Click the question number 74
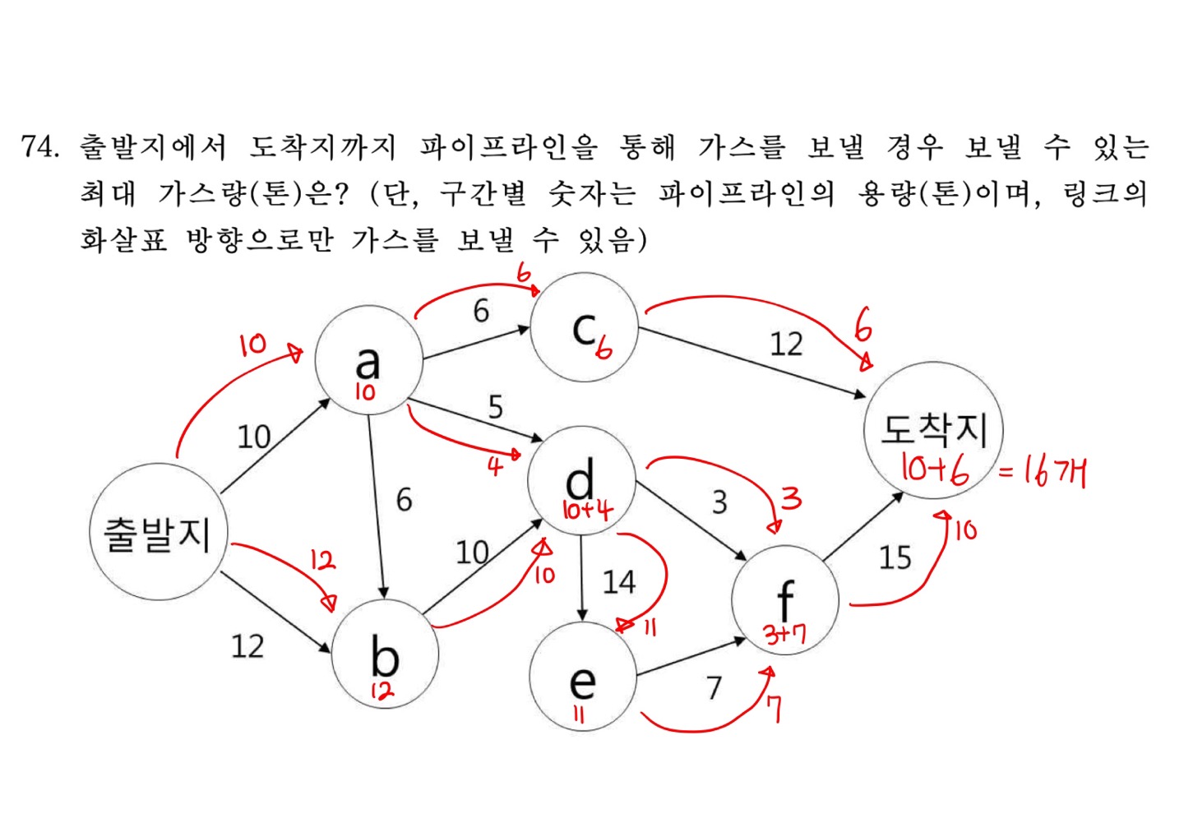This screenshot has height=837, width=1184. coord(39,146)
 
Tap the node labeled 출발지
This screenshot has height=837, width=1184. coord(157,533)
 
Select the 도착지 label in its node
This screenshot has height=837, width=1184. coord(933,428)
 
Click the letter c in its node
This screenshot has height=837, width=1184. coord(584,329)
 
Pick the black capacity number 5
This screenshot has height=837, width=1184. coord(495,406)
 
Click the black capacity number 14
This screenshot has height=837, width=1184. coord(618,582)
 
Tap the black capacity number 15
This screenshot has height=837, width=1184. coord(895,557)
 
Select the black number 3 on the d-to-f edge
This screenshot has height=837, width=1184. coord(719,502)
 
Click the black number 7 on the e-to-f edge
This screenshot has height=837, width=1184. coord(714,687)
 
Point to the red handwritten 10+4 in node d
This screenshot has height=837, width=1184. coord(587,510)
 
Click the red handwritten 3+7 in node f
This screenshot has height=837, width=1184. coord(784,634)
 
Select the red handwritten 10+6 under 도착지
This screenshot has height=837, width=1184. coord(934,469)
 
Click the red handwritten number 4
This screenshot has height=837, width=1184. coord(495,467)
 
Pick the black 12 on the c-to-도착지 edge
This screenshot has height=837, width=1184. coord(785,344)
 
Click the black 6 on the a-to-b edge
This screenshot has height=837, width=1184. coord(404,499)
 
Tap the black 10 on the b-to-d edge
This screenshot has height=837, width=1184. coord(472,552)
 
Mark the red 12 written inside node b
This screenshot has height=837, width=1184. coord(382,691)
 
